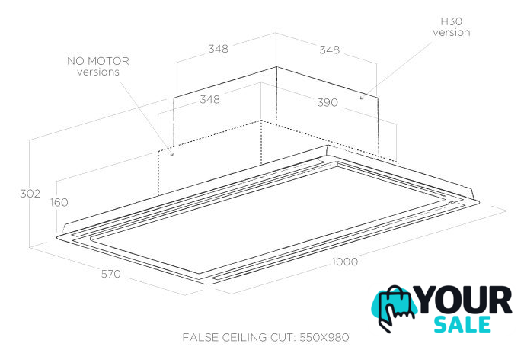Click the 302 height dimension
click(30, 194)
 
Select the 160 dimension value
click(59, 202)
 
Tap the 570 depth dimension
click(111, 274)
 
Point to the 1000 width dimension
click(344, 262)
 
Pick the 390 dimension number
click(327, 102)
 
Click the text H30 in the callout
click(452, 21)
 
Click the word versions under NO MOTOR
click(98, 72)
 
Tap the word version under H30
click(452, 33)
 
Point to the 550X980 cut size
click(324, 337)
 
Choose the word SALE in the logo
click(462, 324)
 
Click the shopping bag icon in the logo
click(398, 300)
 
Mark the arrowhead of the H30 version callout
click(361, 98)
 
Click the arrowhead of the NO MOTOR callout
click(172, 154)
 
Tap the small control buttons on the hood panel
click(452, 203)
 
